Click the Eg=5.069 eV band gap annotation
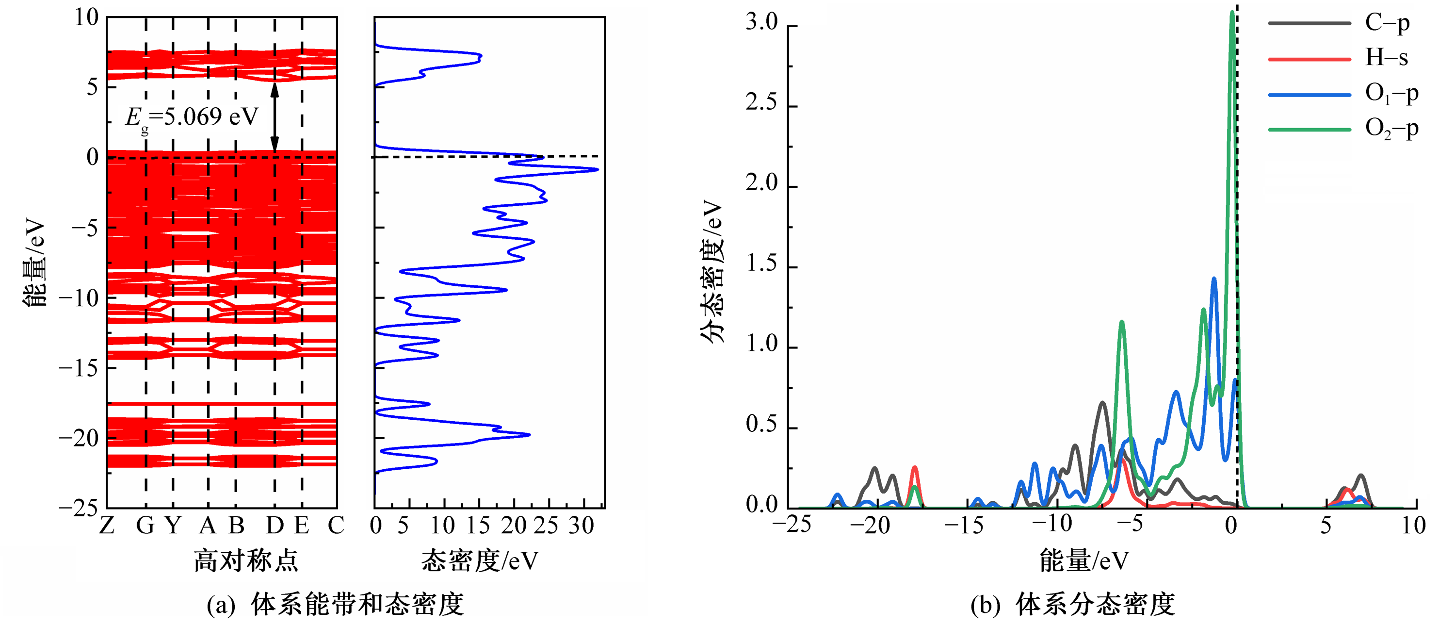click(x=191, y=118)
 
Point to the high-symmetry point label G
click(x=145, y=526)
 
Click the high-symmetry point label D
click(x=275, y=526)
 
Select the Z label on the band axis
click(x=107, y=526)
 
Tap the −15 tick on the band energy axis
click(x=79, y=368)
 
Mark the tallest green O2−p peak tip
click(x=1232, y=13)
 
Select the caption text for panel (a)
click(x=336, y=605)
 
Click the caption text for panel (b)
click(x=1073, y=605)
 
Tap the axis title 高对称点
click(x=246, y=561)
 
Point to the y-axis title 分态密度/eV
click(x=711, y=271)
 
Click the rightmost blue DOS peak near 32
click(x=597, y=169)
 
